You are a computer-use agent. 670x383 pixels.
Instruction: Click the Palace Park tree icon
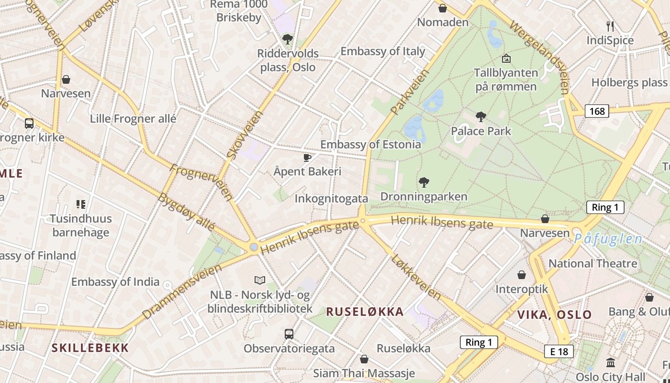pos(481,116)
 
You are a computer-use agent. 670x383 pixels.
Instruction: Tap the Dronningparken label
pos(424,197)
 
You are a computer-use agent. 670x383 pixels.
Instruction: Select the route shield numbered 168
pos(597,112)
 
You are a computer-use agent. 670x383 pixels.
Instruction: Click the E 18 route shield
pos(558,351)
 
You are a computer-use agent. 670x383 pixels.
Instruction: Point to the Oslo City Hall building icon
pos(610,362)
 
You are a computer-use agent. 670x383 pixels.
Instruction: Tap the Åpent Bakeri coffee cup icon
pos(307,158)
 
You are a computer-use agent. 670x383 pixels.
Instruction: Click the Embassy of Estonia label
pos(370,145)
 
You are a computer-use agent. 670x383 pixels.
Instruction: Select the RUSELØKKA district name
pos(365,312)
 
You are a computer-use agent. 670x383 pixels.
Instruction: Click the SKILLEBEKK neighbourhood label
pos(90,348)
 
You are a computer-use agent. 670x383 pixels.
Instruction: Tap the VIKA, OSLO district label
pos(554,315)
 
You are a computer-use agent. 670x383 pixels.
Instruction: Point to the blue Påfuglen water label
pos(608,238)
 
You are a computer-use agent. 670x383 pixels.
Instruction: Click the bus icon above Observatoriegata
pos(289,334)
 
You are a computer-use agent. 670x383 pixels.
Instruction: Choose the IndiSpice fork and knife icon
pos(610,26)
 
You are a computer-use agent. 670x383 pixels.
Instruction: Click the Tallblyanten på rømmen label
pos(505,80)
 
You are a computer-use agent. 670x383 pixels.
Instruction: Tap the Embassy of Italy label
pos(382,51)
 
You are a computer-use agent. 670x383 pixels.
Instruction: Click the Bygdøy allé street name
pos(187,212)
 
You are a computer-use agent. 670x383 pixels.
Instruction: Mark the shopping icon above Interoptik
pos(522,275)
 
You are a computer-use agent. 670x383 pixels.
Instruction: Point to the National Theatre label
pos(592,263)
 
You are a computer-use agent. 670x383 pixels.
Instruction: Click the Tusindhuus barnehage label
pos(81,225)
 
